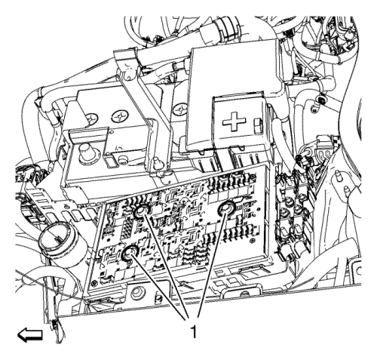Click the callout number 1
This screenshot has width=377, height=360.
194,331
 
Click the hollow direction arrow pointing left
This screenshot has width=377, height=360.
30,335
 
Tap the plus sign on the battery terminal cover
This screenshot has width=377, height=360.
234,122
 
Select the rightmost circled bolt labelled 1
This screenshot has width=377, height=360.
226,208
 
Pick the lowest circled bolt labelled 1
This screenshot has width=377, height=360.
130,254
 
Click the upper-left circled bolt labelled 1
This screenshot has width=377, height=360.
142,211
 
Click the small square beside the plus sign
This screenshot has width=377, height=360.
258,127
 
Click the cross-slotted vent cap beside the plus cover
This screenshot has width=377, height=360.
181,110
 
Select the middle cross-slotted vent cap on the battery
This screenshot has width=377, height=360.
118,117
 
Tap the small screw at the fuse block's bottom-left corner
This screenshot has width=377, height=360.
94,282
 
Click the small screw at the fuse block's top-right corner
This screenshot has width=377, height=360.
251,177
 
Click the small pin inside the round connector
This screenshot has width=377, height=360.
57,238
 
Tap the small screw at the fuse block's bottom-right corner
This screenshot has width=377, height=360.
252,241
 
